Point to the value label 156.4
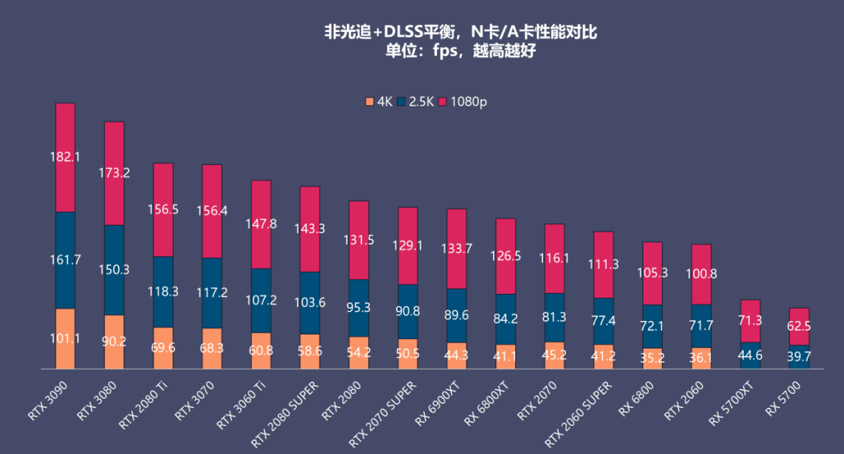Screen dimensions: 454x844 click(x=213, y=211)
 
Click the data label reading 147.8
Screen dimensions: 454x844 click(x=261, y=223)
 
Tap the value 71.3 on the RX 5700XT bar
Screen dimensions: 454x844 click(x=750, y=320)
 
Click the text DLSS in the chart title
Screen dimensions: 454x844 click(x=399, y=32)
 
